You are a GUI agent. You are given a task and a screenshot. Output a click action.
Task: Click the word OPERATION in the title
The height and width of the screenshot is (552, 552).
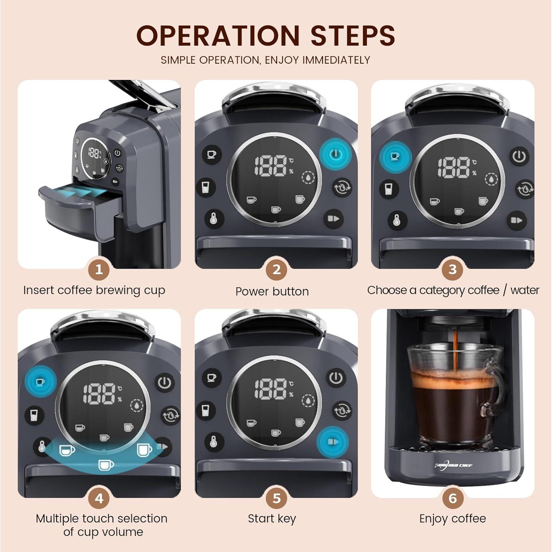coord(218,36)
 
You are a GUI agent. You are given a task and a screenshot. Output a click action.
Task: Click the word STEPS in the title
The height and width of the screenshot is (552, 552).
coord(353,36)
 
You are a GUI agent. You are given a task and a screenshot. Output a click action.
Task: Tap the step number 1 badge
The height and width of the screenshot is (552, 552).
coord(99,270)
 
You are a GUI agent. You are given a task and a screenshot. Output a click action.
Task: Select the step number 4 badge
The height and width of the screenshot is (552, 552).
coord(99,499)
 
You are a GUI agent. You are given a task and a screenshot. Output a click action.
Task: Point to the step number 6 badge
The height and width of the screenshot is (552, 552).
coord(452,499)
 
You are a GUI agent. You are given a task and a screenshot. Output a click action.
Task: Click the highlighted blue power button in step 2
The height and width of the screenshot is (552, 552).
coord(335,154)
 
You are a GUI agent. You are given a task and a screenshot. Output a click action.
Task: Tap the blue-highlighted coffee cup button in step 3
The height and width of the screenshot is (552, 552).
coord(395,156)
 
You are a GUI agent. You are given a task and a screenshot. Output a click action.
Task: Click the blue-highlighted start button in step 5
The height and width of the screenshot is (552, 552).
coord(333,442)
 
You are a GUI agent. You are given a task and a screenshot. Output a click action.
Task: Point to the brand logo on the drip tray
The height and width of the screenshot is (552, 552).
coord(453,466)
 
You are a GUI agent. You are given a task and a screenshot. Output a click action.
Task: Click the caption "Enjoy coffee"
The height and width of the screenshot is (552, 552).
coord(452,519)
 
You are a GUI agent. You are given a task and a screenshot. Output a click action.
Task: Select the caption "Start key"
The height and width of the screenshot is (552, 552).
coord(272,519)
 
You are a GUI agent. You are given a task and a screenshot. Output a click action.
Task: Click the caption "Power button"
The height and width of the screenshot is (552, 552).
coord(272,291)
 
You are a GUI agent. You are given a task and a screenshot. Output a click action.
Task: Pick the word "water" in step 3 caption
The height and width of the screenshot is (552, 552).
coord(524,290)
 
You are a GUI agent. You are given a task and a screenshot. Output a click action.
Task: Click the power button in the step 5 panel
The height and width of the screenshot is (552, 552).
coord(336,378)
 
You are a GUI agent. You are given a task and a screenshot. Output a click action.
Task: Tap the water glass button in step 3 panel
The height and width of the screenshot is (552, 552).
coord(389,189)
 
